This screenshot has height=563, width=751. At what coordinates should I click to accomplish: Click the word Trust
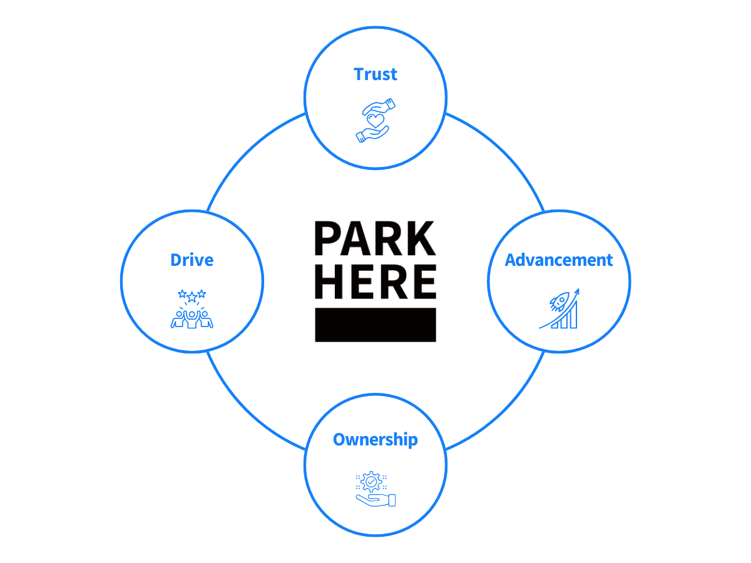pos(375,74)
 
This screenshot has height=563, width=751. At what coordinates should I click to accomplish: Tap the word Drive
pos(192,260)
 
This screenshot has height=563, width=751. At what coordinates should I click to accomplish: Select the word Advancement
pos(558,260)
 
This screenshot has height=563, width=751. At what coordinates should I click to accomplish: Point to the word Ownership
pos(375,440)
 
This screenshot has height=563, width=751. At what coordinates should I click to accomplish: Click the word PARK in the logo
pos(375,238)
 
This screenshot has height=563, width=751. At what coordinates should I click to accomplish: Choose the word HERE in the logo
pos(375,281)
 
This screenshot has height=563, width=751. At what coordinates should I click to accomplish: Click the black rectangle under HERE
pos(375,325)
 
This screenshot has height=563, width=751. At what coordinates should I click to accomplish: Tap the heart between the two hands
pos(375,120)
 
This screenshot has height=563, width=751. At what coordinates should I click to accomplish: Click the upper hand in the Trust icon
pos(379,106)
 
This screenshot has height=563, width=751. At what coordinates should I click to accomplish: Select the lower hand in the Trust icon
pos(372,134)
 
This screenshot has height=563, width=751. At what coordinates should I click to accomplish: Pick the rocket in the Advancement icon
pos(559,302)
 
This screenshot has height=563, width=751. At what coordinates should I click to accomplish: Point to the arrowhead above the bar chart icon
pos(577,292)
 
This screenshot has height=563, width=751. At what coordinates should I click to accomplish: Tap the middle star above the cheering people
pos(192,297)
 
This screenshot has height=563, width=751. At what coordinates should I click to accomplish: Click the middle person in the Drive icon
pos(192,319)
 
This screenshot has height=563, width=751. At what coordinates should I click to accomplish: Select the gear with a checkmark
pos(371,482)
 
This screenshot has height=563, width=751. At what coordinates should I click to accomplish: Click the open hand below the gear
pos(375,500)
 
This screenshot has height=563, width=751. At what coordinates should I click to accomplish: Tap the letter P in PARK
pos(327,238)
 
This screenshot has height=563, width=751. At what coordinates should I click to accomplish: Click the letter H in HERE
pos(329,281)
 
